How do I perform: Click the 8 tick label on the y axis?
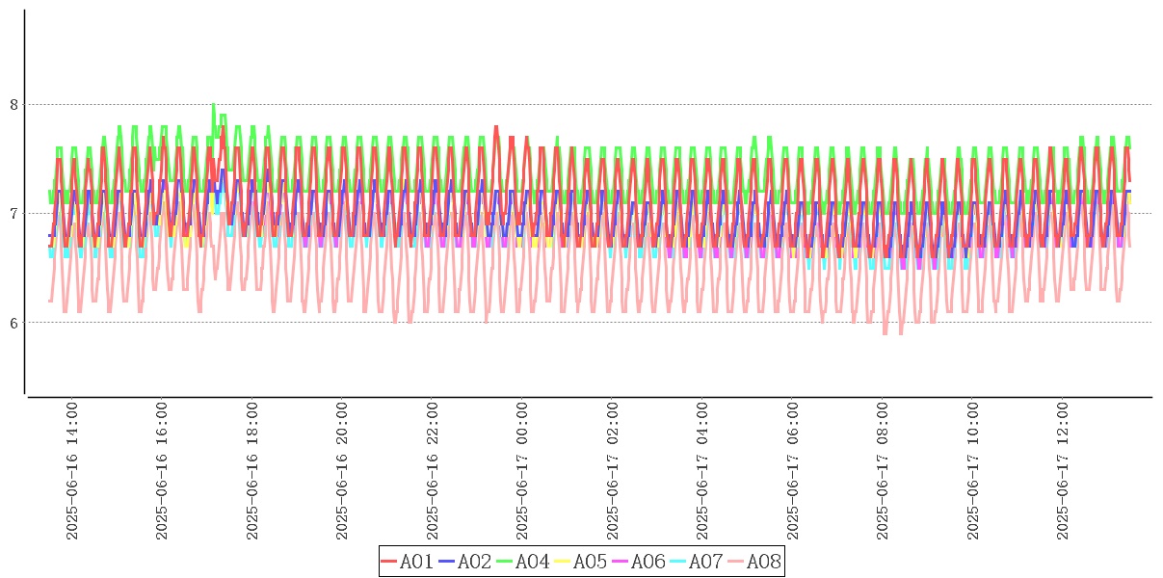tap(14, 104)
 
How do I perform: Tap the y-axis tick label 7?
tap(14, 213)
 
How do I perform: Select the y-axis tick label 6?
tap(14, 322)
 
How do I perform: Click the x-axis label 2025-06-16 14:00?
tap(71, 471)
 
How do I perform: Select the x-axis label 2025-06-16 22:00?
tap(433, 471)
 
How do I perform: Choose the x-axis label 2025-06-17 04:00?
tap(703, 471)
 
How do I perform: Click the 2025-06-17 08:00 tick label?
tap(884, 471)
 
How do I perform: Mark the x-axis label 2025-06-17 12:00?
tap(1064, 471)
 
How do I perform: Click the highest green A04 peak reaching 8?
tap(213, 105)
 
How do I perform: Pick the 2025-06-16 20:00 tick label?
tap(342, 471)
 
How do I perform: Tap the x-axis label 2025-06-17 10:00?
tap(974, 471)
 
